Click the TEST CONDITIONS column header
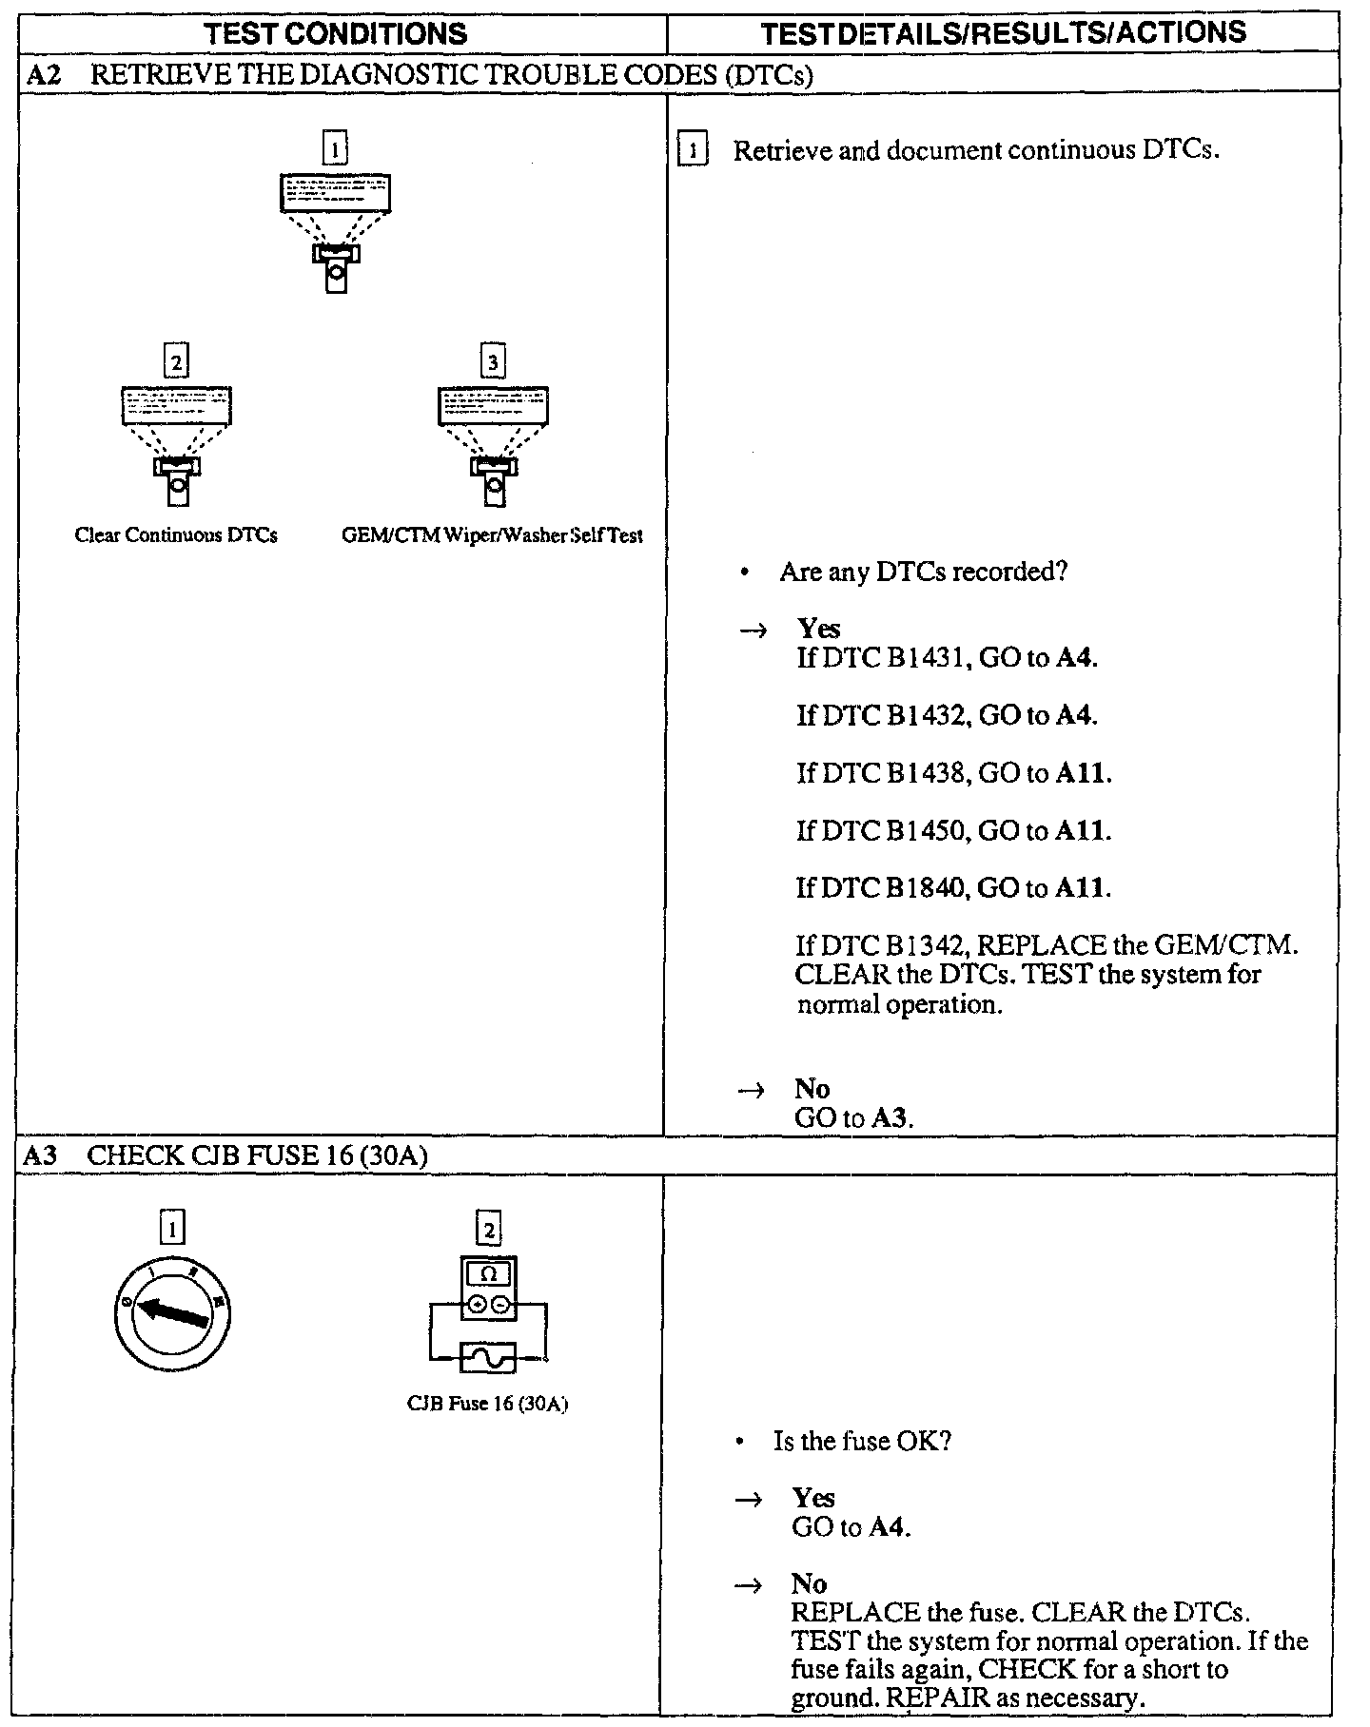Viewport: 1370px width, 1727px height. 337,34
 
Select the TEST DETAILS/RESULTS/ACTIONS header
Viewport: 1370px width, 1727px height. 1004,33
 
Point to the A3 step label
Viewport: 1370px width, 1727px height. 40,1155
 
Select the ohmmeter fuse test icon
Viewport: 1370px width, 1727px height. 488,1315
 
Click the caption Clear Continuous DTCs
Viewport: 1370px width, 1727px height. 176,535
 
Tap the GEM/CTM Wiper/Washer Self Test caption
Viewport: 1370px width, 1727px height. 492,535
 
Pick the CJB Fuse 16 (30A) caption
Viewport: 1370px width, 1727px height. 487,1404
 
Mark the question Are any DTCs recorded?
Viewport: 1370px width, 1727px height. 923,572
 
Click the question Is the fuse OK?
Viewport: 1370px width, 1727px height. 862,1441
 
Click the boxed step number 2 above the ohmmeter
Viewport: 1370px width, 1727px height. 488,1230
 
